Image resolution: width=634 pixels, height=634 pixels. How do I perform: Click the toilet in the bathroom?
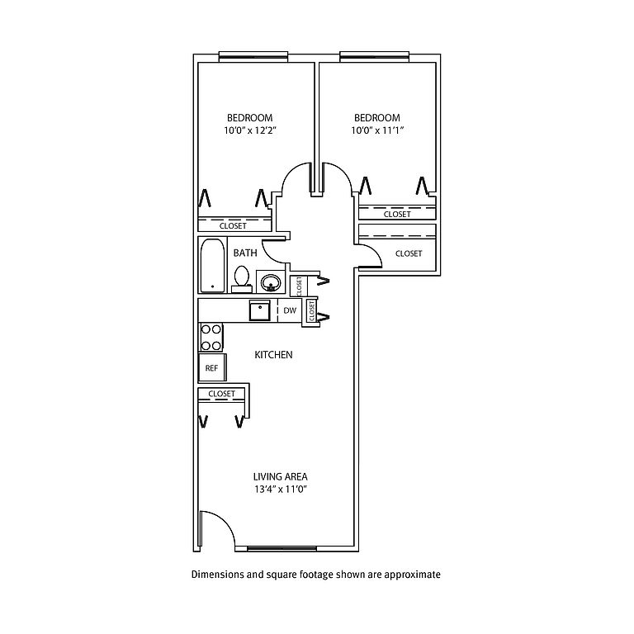click(242, 279)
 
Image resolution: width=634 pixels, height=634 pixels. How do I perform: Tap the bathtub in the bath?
click(213, 265)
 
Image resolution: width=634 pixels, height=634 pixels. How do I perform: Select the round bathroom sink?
click(271, 282)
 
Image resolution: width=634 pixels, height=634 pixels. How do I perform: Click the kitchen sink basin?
click(259, 310)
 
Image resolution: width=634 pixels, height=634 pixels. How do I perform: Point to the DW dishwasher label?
click(290, 310)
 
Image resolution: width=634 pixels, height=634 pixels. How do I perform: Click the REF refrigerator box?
click(212, 367)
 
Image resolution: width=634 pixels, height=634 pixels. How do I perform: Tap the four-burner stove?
click(211, 337)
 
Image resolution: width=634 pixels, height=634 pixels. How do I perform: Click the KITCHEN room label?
click(273, 355)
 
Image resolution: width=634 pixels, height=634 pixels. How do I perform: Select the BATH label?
click(245, 253)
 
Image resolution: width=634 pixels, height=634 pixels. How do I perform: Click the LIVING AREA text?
click(280, 476)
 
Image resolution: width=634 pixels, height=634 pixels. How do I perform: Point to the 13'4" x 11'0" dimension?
click(281, 490)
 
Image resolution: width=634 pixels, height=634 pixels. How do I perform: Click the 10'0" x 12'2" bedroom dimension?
click(250, 130)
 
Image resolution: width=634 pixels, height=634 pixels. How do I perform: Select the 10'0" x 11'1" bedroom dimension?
click(377, 130)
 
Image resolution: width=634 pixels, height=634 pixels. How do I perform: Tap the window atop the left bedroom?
click(253, 57)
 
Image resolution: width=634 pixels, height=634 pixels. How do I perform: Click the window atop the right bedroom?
click(375, 57)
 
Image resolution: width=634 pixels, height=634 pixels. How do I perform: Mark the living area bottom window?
click(282, 549)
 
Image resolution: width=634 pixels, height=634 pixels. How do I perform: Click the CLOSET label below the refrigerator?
click(221, 394)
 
